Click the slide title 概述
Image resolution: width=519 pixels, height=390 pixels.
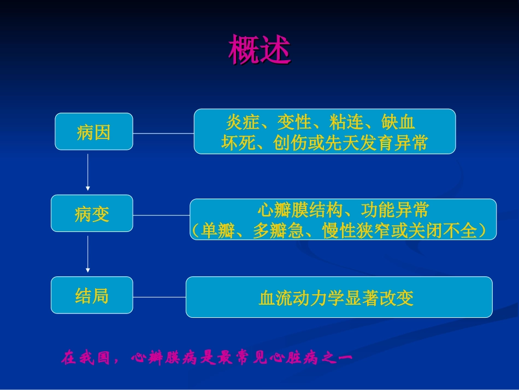pos(259,50)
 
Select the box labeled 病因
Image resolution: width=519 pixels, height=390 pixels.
pos(93,132)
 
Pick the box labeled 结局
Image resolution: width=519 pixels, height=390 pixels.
pos(92,296)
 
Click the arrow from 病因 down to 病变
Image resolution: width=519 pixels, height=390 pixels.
pos(87,172)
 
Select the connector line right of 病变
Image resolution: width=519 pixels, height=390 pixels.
pos(161,215)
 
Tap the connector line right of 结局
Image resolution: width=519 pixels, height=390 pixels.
pos(159,297)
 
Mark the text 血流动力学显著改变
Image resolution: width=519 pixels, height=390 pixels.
pos(336,298)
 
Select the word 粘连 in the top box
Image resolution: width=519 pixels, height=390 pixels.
pos(346,121)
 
